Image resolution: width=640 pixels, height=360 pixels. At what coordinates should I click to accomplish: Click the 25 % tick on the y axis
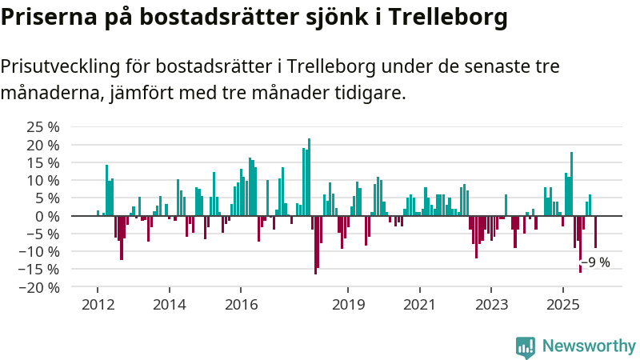(43, 127)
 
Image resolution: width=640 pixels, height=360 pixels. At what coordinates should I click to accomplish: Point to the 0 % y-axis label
(48, 216)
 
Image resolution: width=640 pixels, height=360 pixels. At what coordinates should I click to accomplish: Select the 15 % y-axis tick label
(43, 162)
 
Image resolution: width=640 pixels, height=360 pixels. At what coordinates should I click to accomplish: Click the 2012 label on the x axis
(98, 305)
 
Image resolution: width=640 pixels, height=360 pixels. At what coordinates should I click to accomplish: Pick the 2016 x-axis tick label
(241, 305)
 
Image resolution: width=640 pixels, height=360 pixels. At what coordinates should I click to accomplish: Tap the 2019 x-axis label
(348, 305)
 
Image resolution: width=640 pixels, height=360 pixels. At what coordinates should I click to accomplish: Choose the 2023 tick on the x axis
(491, 305)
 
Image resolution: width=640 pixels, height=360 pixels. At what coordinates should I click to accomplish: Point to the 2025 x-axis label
(562, 305)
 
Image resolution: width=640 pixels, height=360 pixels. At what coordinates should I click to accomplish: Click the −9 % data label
(595, 262)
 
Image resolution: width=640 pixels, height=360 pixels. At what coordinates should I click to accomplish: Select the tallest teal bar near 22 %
(310, 177)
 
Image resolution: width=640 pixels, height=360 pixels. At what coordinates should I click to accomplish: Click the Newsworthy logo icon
(526, 346)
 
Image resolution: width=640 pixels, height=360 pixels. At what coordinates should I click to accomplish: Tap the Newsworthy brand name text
(589, 346)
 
